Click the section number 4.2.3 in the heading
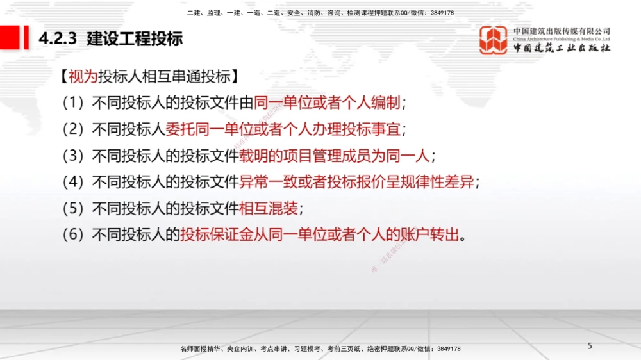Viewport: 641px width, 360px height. pyautogui.click(x=58, y=38)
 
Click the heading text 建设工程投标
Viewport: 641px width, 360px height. pyautogui.click(x=135, y=38)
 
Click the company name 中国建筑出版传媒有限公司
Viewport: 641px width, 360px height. pyautogui.click(x=562, y=31)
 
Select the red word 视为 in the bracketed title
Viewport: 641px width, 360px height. pyautogui.click(x=82, y=78)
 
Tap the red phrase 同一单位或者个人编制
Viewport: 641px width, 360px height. pyautogui.click(x=327, y=103)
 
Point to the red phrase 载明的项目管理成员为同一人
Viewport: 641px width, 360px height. pyautogui.click(x=335, y=156)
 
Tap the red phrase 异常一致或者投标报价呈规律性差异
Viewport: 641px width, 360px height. pyautogui.click(x=356, y=182)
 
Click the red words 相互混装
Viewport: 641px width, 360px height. pyautogui.click(x=269, y=208)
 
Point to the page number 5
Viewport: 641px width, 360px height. pyautogui.click(x=590, y=347)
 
